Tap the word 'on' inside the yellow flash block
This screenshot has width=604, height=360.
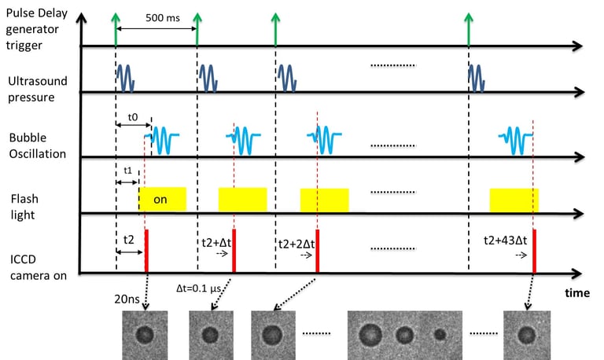pyautogui.click(x=160, y=200)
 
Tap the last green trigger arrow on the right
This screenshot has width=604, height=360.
pyautogui.click(x=470, y=28)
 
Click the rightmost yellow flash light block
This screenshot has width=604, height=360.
pyautogui.click(x=514, y=200)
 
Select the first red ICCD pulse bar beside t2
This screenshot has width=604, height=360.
pyautogui.click(x=146, y=250)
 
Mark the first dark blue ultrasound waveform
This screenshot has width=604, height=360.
pyautogui.click(x=126, y=76)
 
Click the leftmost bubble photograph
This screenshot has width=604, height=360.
pyautogui.click(x=144, y=334)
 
